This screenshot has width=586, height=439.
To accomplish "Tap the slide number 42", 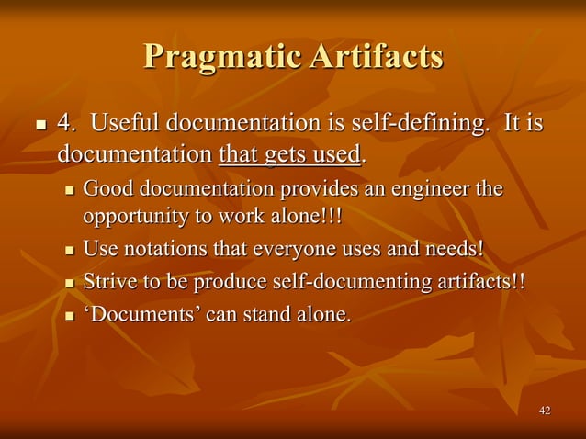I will [545, 410].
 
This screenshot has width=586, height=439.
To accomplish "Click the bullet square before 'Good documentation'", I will [70, 192].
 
